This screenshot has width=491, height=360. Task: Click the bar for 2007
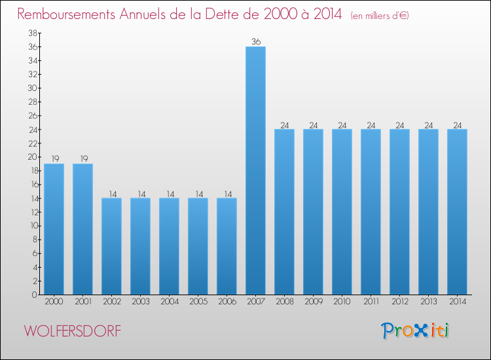click(255, 170)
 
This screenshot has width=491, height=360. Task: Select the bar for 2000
click(54, 229)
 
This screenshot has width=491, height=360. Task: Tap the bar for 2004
click(169, 246)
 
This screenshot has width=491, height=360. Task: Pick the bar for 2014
click(457, 211)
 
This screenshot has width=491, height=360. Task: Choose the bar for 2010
click(342, 211)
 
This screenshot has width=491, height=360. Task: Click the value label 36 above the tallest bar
click(255, 42)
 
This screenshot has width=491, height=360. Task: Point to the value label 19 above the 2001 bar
click(82, 159)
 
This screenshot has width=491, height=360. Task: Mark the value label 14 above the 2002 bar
click(111, 194)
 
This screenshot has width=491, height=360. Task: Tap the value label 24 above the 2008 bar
click(284, 125)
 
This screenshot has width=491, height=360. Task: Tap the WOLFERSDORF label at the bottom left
click(73, 331)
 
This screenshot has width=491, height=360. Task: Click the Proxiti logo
click(416, 331)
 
